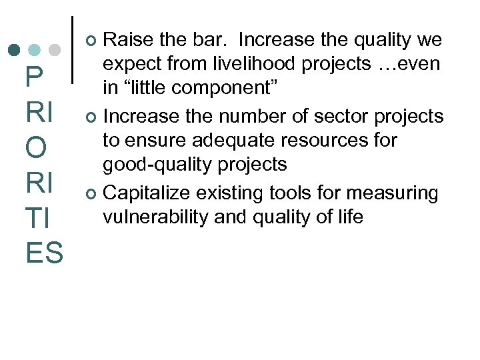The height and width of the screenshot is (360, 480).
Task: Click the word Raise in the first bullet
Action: pyautogui.click(x=127, y=41)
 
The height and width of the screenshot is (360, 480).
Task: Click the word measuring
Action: pyautogui.click(x=394, y=193)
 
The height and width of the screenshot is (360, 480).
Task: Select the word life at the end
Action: pyautogui.click(x=351, y=217)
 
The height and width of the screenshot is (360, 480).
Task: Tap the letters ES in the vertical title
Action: pyautogui.click(x=44, y=253)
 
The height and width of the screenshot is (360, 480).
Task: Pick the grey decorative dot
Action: pyautogui.click(x=55, y=49)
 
